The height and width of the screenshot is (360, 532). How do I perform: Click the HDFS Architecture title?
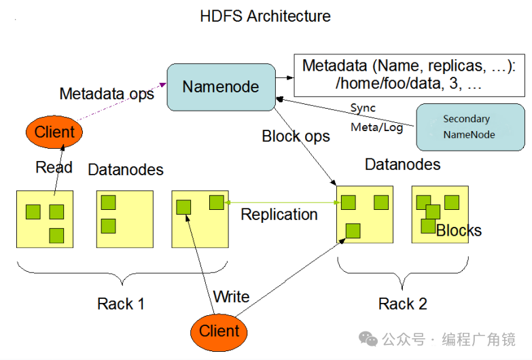coord(266,16)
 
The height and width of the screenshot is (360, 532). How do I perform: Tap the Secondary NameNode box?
coord(469,127)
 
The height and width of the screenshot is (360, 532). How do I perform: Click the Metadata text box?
coord(410,75)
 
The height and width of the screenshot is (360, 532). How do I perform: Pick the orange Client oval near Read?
coord(54,132)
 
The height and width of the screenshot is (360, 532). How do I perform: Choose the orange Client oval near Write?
coord(219,331)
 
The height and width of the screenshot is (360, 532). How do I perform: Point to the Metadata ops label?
coord(107,94)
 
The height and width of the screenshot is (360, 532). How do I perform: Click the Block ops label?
coord(296,136)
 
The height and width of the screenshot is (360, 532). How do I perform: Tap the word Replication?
coord(279,215)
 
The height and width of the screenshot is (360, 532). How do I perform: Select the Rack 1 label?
coord(121,304)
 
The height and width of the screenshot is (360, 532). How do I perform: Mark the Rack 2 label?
coord(403,304)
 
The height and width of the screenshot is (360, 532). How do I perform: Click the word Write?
coord(231,297)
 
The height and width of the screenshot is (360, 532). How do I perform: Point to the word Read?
coord(54,168)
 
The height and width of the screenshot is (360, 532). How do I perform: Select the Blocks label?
coord(459,230)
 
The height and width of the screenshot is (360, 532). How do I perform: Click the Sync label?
coord(363,108)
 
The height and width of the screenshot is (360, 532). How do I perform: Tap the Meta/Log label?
coord(376,127)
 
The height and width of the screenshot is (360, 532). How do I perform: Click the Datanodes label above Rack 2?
coord(402,164)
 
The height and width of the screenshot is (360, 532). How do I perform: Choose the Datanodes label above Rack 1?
coord(126,169)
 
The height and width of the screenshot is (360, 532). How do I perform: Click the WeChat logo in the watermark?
coord(369,338)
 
